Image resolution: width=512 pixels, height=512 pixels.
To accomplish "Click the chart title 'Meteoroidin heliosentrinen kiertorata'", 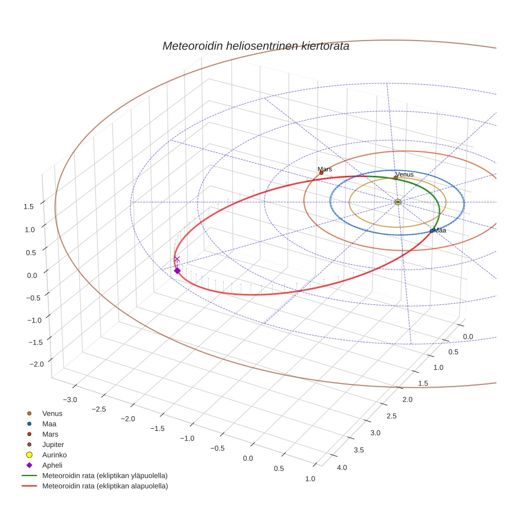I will pyautogui.click(x=255, y=46).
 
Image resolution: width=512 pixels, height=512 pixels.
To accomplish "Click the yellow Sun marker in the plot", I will pyautogui.click(x=398, y=202).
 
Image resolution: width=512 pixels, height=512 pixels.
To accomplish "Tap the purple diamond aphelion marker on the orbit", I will pyautogui.click(x=177, y=271).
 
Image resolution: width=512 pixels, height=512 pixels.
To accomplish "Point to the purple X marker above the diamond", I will pyautogui.click(x=177, y=259).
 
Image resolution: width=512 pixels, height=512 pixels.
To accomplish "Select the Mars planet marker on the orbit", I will pyautogui.click(x=321, y=173).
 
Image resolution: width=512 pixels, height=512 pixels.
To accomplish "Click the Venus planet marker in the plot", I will pyautogui.click(x=395, y=178).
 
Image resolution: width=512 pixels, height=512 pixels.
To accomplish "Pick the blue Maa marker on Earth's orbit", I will pyautogui.click(x=432, y=231).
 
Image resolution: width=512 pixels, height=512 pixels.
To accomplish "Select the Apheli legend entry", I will pyautogui.click(x=52, y=465).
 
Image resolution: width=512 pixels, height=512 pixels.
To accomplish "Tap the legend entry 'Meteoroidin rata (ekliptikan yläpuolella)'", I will pyautogui.click(x=105, y=476).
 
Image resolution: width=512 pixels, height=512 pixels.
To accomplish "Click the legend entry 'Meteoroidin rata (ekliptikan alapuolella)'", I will pyautogui.click(x=105, y=486).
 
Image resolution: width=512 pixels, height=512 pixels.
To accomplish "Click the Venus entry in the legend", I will pyautogui.click(x=52, y=413).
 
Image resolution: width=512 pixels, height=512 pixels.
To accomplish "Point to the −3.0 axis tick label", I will pyautogui.click(x=70, y=399).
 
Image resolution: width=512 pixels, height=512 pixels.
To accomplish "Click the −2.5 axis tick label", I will pyautogui.click(x=99, y=409).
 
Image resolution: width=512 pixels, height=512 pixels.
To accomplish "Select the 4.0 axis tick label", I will pyautogui.click(x=342, y=467).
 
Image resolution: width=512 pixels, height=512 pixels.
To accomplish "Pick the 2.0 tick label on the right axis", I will pyautogui.click(x=406, y=399).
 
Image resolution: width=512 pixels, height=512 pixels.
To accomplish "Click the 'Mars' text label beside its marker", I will pyautogui.click(x=325, y=169).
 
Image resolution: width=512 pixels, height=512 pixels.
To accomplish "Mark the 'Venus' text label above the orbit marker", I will pyautogui.click(x=404, y=174).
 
